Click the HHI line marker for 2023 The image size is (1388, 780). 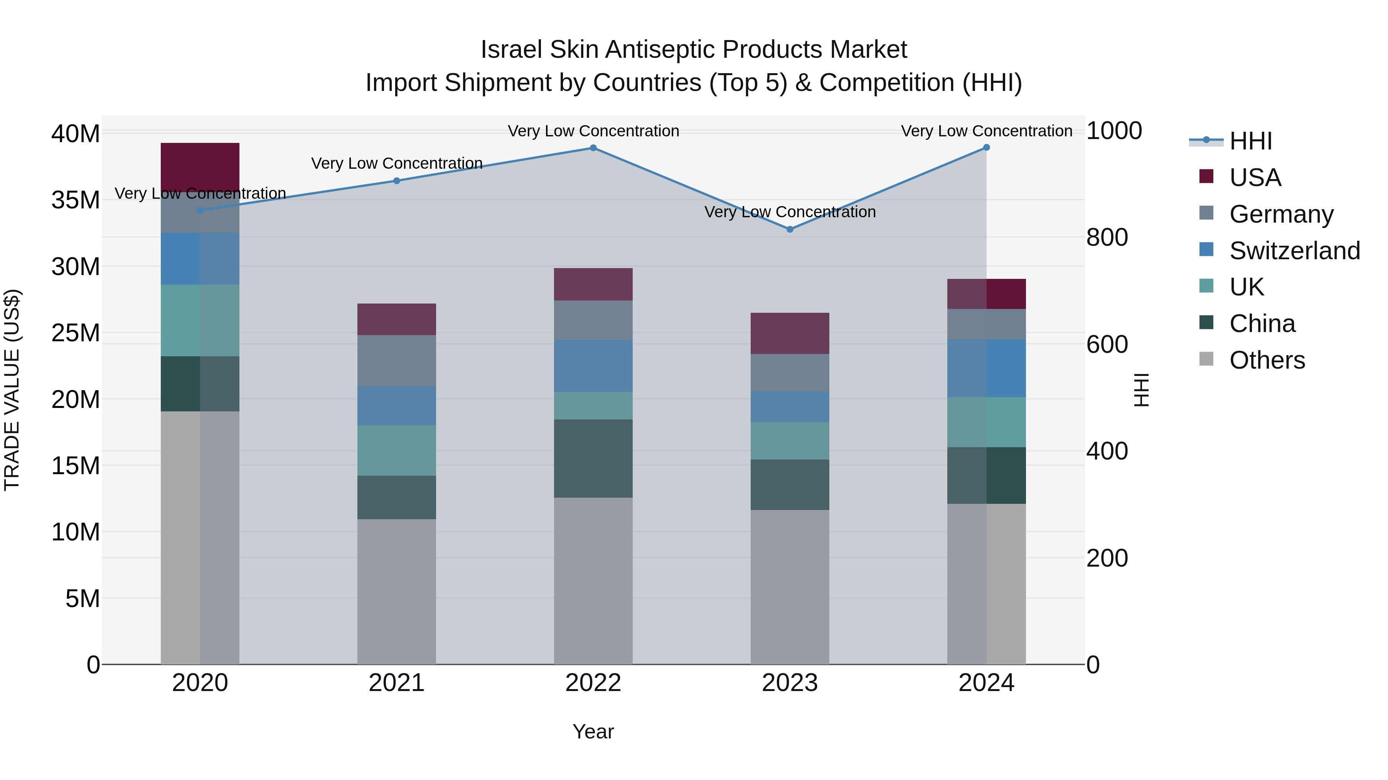tap(790, 229)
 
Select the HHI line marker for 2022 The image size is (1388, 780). tap(593, 148)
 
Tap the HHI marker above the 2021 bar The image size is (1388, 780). tap(397, 181)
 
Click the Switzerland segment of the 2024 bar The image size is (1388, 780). tap(987, 368)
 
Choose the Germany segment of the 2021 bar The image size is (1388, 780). tap(397, 360)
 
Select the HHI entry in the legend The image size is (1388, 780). tap(1250, 141)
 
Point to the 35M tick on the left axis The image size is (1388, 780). tap(76, 200)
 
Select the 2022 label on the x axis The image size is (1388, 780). tap(593, 683)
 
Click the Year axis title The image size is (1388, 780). tap(593, 731)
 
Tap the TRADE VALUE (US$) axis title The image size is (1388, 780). tap(12, 390)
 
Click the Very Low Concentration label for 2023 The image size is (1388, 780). tap(790, 212)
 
